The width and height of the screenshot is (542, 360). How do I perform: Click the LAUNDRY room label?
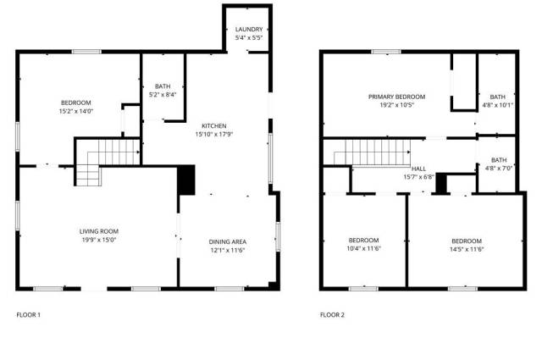click(249, 30)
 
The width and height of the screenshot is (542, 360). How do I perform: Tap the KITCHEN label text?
click(214, 126)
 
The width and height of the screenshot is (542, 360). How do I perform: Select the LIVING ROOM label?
click(99, 231)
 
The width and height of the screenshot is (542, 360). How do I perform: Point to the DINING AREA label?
click(228, 241)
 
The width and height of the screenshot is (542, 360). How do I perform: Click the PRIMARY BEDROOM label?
click(396, 97)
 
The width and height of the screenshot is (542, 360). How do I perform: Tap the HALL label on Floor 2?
click(418, 169)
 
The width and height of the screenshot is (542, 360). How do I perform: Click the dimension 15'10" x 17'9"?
click(214, 134)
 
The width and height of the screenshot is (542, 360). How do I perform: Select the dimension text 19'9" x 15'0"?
click(99, 240)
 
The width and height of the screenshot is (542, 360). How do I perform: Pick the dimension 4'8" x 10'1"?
click(498, 105)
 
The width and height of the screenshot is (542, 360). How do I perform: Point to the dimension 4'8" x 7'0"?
click(499, 169)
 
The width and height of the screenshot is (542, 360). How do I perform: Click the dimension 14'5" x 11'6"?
click(467, 249)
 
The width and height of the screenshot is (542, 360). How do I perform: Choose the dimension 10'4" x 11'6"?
click(363, 248)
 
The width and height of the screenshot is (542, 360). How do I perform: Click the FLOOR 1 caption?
click(28, 315)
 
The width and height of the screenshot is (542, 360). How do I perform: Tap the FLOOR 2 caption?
click(332, 315)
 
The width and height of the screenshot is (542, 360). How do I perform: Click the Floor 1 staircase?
click(108, 162)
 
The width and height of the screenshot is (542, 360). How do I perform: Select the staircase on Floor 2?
click(373, 152)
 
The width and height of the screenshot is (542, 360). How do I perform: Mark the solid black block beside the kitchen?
click(186, 180)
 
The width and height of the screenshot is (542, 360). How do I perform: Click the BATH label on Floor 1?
click(163, 86)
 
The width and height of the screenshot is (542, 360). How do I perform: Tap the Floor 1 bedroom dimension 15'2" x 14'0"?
click(76, 111)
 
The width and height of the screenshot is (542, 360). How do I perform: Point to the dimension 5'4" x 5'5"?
click(249, 38)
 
